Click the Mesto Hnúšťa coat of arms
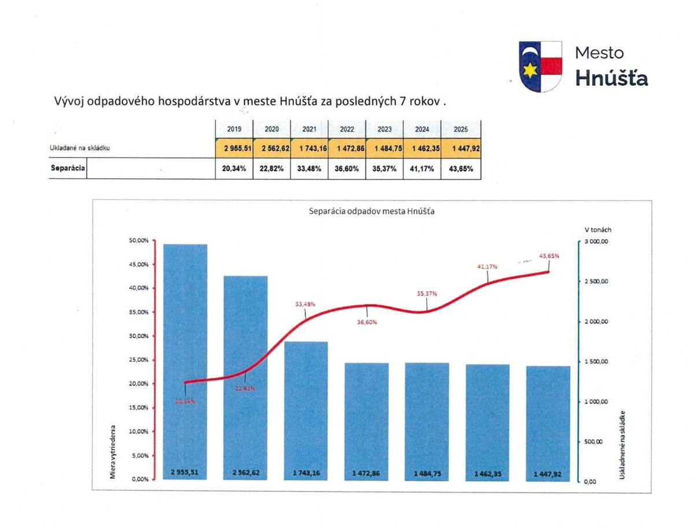click(540, 67)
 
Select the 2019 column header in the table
click(234, 130)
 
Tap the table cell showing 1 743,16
click(309, 148)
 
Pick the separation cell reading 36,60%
click(347, 170)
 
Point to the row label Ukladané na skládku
click(80, 148)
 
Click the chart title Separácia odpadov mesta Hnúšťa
click(372, 212)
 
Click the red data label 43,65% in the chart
click(549, 255)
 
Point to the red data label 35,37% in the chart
click(427, 294)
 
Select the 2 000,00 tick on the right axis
click(596, 321)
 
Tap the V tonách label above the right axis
click(597, 230)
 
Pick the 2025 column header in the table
click(461, 130)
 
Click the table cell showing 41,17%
click(422, 170)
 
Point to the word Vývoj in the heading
click(68, 101)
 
